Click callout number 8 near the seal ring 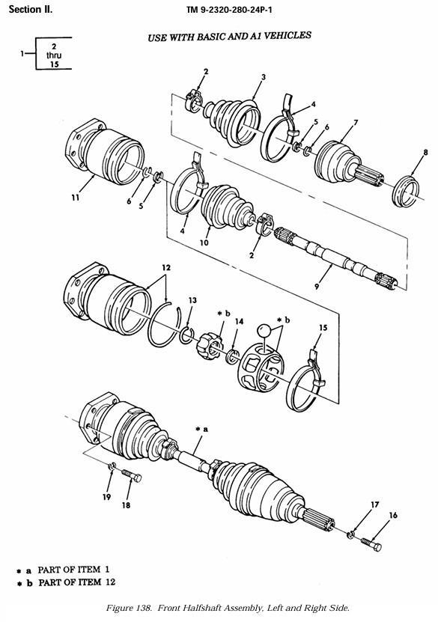425,152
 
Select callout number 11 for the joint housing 76,197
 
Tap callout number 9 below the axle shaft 316,286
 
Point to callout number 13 192,300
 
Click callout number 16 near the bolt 393,515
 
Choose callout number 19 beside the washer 107,497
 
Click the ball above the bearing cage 264,330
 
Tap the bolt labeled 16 371,543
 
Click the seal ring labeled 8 406,192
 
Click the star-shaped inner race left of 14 208,346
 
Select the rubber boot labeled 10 228,207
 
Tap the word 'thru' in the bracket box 54,55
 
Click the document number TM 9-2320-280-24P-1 229,10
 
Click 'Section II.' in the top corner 31,10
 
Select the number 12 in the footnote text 111,582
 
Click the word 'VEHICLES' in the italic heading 288,36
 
